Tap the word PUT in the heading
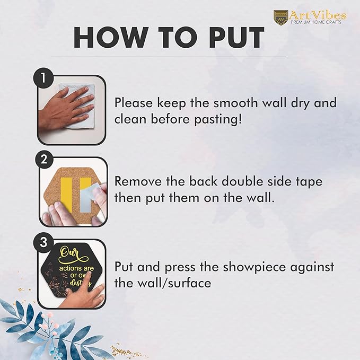click(236, 38)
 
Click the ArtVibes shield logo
click(280, 17)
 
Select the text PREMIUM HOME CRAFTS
click(316, 22)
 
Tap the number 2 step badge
click(43, 159)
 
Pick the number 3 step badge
click(43, 242)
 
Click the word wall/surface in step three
click(174, 283)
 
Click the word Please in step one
click(134, 103)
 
